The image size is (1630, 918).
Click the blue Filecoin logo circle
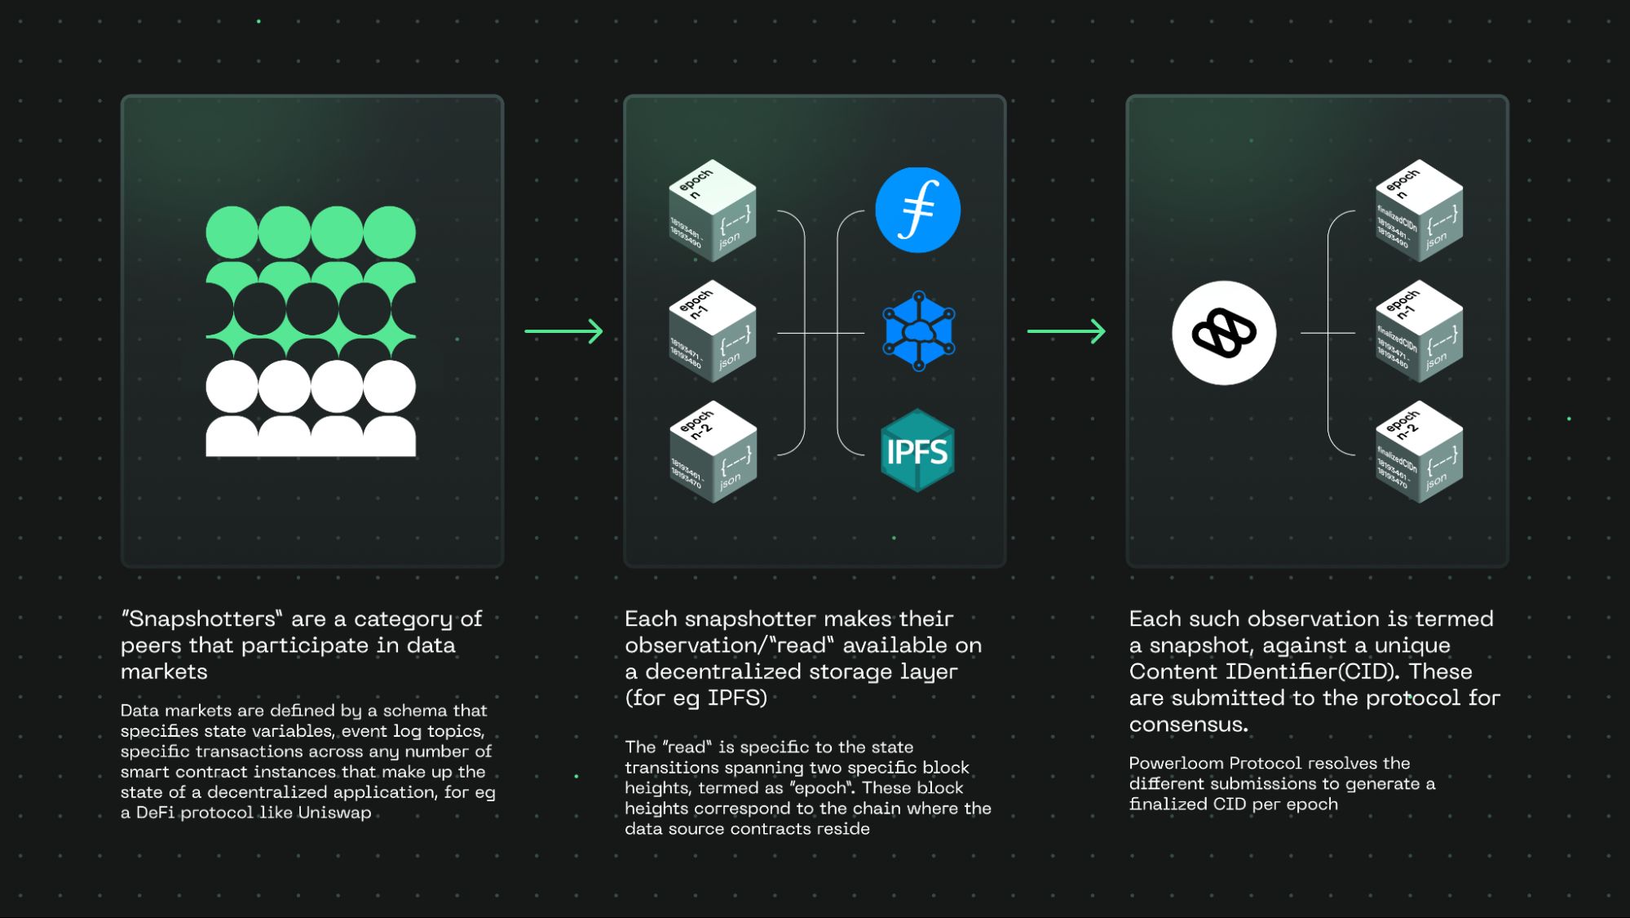917,210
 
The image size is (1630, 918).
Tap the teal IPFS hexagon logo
917,450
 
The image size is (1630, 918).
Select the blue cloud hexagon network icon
918,331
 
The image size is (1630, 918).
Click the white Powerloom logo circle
1224,333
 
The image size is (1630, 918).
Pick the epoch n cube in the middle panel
712,211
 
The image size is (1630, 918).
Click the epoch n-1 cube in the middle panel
712,331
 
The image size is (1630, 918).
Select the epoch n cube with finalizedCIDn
1419,211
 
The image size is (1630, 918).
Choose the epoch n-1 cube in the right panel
1419,331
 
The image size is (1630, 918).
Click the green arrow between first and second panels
563,331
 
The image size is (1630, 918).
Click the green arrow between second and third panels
1066,331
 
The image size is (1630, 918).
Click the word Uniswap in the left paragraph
334,813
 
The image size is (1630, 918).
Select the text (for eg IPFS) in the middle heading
696,698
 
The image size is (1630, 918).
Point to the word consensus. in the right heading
1188,725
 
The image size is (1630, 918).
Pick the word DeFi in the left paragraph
155,813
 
